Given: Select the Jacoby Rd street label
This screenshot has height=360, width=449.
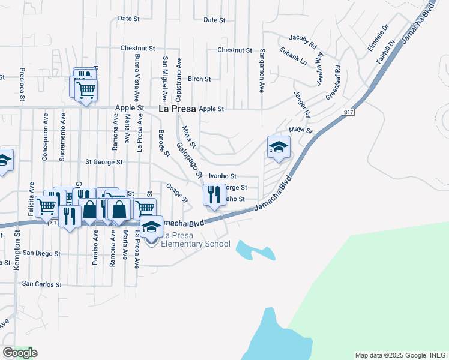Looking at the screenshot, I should tap(302, 40).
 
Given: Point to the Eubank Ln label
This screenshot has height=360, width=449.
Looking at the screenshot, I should tap(294, 59).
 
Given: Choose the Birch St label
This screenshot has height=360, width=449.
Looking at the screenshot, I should tap(199, 79).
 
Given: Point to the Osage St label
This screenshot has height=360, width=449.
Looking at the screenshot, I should tap(178, 193).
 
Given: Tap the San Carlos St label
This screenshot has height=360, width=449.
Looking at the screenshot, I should tap(41, 284).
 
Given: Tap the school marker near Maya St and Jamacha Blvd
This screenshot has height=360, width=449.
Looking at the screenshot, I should tap(279, 148).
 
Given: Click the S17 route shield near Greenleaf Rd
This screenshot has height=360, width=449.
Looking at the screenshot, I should tap(349, 112).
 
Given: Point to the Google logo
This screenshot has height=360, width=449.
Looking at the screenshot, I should tap(19, 353).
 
